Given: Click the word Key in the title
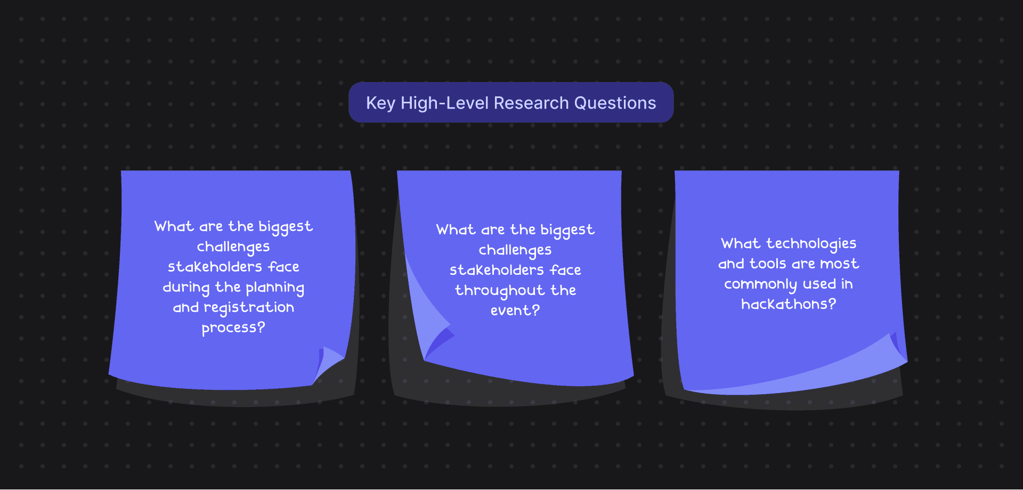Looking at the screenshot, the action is [380, 103].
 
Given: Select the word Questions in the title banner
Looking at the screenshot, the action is [615, 103].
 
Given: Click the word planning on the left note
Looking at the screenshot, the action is [275, 288].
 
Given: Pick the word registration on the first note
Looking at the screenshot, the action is [249, 308].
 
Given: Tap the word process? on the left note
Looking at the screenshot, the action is [233, 328].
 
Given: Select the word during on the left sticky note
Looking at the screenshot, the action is [186, 288].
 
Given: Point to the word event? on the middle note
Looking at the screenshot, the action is [515, 311].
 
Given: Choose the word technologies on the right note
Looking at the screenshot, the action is [811, 244].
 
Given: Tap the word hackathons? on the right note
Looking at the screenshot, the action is [789, 304].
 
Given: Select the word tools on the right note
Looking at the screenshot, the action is [768, 264].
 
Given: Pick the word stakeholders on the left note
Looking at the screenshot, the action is [215, 267].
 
